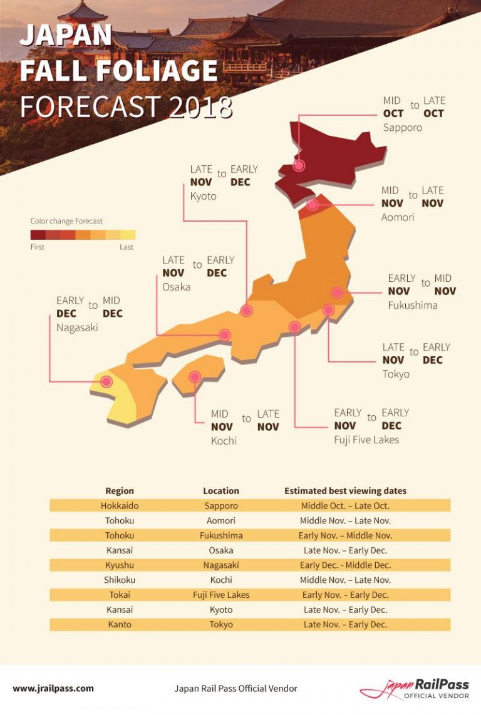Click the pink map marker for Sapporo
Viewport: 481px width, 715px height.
click(299, 165)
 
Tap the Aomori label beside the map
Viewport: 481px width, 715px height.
click(398, 217)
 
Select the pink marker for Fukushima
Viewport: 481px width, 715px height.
click(337, 292)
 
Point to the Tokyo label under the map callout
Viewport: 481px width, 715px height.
click(396, 374)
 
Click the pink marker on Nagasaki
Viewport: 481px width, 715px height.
click(106, 381)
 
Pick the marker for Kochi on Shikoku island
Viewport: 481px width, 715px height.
click(195, 377)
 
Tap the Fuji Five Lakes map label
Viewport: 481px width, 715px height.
click(366, 440)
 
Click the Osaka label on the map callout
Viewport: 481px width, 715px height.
click(176, 287)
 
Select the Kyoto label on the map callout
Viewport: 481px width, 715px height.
click(203, 196)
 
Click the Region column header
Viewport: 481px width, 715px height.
click(120, 491)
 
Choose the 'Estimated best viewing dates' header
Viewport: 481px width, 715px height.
click(345, 491)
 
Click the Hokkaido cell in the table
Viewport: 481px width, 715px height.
click(120, 506)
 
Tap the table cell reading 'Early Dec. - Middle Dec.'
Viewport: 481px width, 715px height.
click(345, 565)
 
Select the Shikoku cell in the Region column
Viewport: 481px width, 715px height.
click(120, 580)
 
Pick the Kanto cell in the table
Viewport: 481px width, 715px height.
click(120, 624)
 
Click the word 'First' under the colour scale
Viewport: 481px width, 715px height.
click(38, 247)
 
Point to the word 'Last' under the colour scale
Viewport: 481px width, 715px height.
click(127, 247)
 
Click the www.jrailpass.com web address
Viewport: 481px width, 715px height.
click(53, 688)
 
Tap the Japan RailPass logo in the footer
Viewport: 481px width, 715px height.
click(414, 689)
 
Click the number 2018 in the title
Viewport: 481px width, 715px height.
click(200, 107)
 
